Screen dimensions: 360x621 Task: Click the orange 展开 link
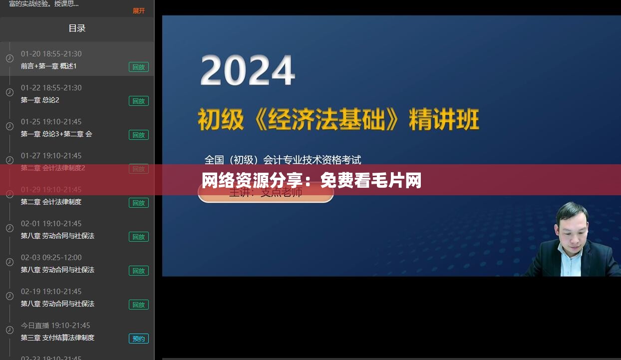[139, 10]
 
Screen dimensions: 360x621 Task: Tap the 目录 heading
[77, 28]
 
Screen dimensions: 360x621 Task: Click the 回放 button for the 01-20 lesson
[139, 67]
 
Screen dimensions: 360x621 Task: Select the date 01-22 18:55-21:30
[51, 88]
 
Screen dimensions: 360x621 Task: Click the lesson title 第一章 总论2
[40, 100]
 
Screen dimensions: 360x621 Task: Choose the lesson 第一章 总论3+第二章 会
[56, 134]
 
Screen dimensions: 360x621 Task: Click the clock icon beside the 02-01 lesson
[9, 228]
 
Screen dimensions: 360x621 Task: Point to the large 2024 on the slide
[247, 71]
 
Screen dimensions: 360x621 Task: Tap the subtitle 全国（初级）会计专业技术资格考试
[283, 160]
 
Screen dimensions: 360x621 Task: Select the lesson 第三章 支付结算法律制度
[57, 338]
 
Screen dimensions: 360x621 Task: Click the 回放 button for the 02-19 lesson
[139, 305]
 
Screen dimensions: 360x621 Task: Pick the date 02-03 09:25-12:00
[51, 258]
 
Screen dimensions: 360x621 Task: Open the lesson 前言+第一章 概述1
[48, 66]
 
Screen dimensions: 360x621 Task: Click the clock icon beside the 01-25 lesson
[9, 126]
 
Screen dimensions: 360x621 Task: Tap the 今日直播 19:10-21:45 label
[55, 326]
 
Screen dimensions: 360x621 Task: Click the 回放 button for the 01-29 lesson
[139, 203]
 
